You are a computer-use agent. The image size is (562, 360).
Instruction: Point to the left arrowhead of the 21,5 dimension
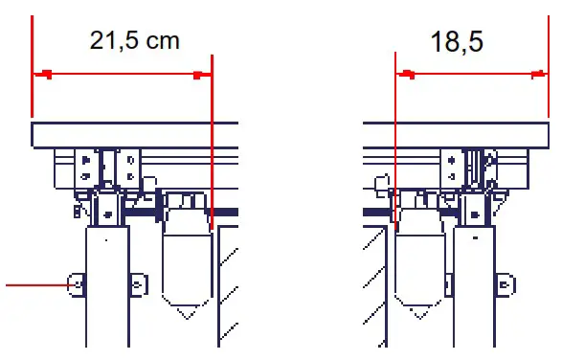(x=41, y=74)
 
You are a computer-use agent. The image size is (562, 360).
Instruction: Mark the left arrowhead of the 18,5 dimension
(x=405, y=74)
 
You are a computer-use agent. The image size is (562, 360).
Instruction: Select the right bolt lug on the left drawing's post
(x=139, y=284)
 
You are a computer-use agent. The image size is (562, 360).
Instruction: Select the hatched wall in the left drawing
(x=228, y=287)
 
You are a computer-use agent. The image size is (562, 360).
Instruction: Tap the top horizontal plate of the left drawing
(x=134, y=134)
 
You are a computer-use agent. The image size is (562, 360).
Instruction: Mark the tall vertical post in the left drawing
(x=108, y=287)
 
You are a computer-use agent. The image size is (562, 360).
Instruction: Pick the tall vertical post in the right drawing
(x=476, y=287)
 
